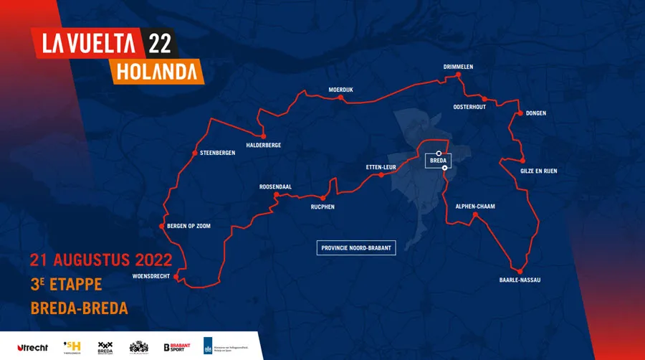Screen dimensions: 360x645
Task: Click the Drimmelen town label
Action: [459, 67]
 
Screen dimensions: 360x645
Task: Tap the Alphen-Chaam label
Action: [475, 207]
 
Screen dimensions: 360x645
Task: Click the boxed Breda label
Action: [438, 161]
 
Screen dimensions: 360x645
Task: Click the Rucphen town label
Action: [322, 207]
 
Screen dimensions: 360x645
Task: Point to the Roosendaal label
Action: [275, 186]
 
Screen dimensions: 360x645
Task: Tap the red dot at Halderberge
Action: [263, 136]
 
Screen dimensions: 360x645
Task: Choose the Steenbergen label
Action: [218, 153]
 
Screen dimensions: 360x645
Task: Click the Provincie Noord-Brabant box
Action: [356, 247]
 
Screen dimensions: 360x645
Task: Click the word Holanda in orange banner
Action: [157, 72]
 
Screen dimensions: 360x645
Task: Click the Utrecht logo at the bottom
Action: [32, 348]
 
